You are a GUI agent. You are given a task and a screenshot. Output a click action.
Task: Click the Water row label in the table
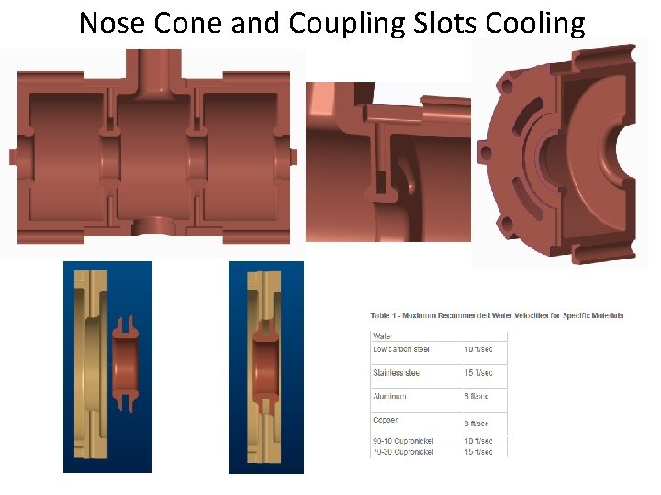pyautogui.click(x=382, y=336)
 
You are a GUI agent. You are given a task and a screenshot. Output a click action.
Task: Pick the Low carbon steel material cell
pyautogui.click(x=401, y=349)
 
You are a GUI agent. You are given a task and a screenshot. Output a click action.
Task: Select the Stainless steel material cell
pyautogui.click(x=396, y=373)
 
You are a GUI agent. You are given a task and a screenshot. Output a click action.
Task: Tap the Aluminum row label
pyautogui.click(x=391, y=397)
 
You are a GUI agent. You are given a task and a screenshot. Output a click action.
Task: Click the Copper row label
pyautogui.click(x=386, y=420)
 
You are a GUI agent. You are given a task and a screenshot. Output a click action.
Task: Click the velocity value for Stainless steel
pyautogui.click(x=477, y=373)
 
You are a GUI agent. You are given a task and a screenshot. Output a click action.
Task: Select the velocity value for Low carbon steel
pyautogui.click(x=477, y=349)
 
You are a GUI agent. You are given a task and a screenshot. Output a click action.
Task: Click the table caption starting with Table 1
pyautogui.click(x=497, y=315)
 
